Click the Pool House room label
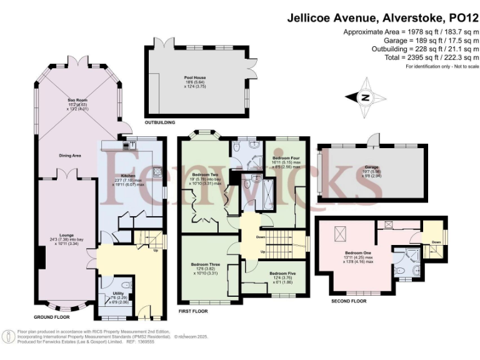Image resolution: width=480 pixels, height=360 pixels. point(199,77)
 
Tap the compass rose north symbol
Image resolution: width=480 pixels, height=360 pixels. point(366,97)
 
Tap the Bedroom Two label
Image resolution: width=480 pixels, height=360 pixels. point(205,174)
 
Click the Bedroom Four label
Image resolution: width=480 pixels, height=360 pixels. point(281,159)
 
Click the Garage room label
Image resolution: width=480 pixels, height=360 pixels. point(372,167)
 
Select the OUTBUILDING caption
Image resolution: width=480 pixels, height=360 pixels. point(159,122)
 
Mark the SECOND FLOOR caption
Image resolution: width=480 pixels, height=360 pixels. point(349,301)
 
